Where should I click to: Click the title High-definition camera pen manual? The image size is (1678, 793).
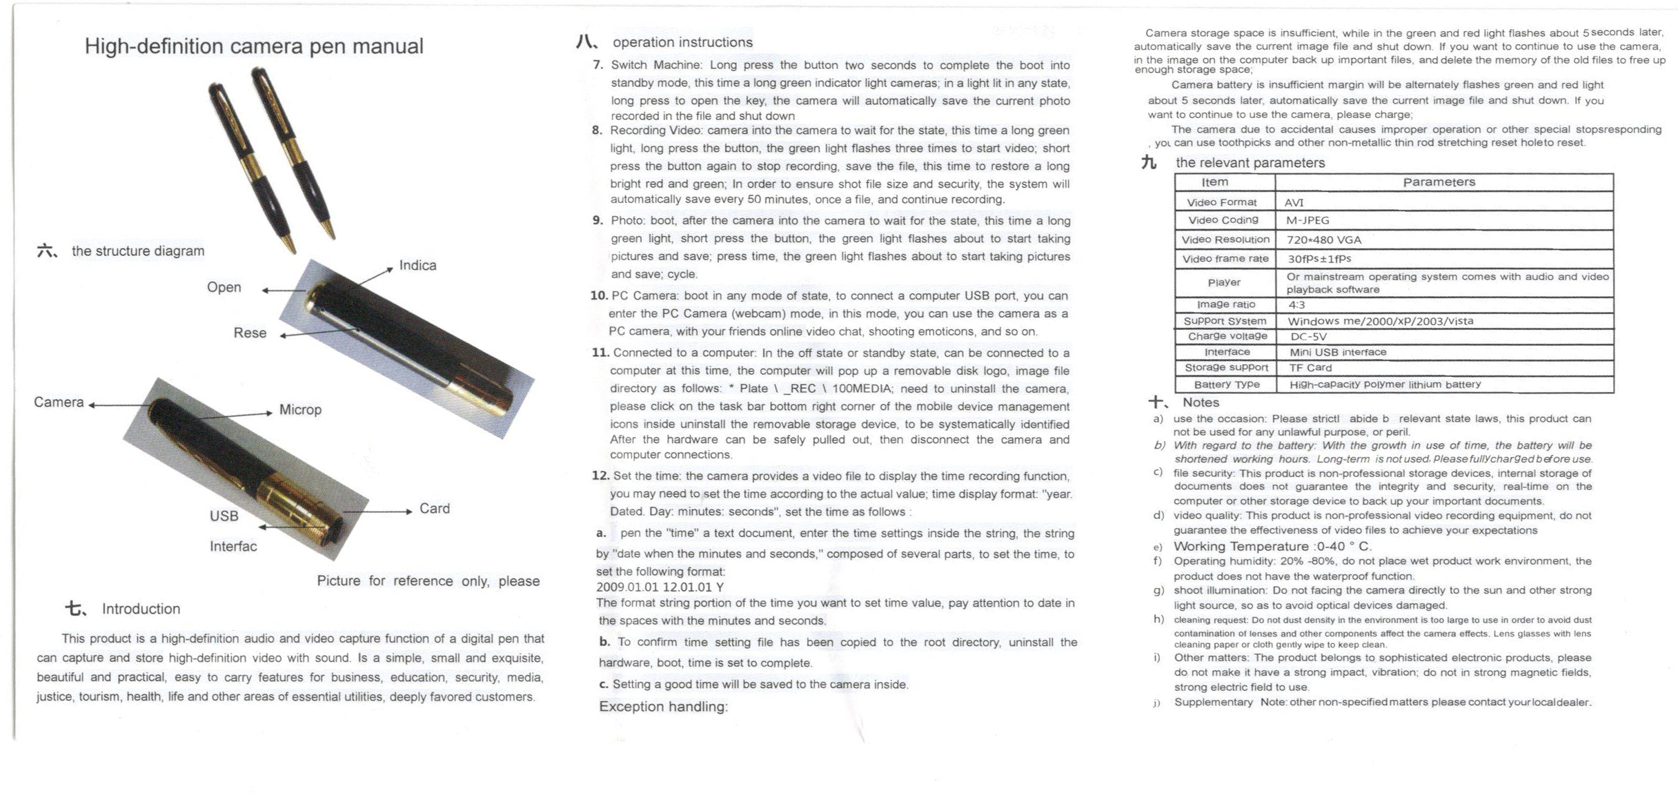(254, 46)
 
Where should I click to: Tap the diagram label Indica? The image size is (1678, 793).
(417, 266)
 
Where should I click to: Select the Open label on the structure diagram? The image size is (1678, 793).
(224, 287)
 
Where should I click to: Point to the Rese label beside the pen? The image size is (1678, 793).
(250, 333)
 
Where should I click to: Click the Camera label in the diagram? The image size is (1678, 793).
(59, 402)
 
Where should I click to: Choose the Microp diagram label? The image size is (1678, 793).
(300, 410)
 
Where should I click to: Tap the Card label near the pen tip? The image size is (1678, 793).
(435, 509)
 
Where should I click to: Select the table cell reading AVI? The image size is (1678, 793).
(1294, 202)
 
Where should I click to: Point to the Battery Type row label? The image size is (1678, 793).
(1226, 384)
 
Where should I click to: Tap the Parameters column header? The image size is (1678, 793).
(1439, 182)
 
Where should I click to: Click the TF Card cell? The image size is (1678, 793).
(1310, 368)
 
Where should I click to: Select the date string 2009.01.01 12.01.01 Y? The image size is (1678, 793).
(660, 587)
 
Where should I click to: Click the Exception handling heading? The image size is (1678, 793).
(663, 707)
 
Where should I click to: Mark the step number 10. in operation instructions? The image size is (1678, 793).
(598, 295)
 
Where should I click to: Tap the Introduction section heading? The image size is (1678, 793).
(141, 609)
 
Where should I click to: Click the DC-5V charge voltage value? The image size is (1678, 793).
(1308, 337)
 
